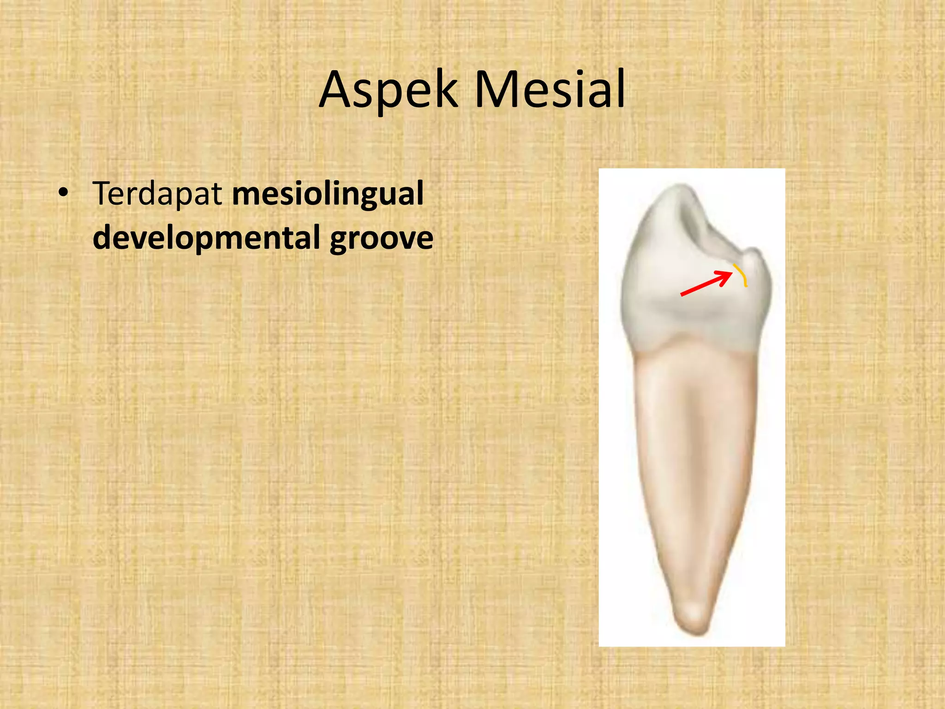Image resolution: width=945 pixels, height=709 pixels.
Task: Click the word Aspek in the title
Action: point(388,90)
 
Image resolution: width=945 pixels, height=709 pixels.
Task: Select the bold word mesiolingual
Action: point(328,194)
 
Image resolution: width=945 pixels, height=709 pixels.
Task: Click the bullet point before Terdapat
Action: point(64,193)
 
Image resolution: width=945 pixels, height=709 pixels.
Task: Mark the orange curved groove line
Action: point(741,275)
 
